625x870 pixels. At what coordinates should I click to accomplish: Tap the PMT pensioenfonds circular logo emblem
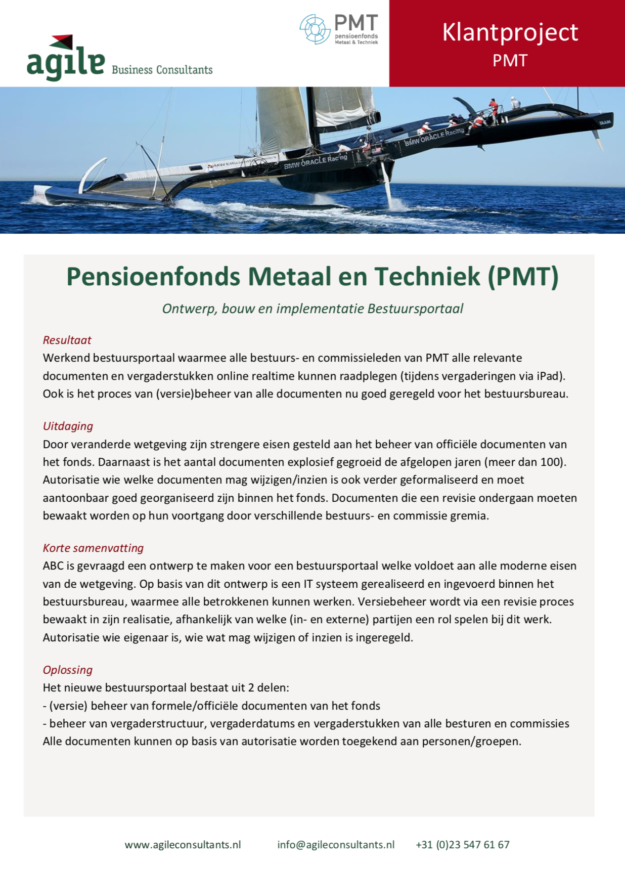tap(315, 29)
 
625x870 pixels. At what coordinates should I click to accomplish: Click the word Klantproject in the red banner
tap(510, 32)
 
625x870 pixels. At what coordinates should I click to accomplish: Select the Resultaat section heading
tap(67, 340)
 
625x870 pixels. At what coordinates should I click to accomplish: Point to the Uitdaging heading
tap(68, 426)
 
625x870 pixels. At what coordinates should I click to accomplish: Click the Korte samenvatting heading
tap(93, 548)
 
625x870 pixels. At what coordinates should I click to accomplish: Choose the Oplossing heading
tap(68, 670)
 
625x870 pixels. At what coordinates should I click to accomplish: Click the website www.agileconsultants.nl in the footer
tap(183, 845)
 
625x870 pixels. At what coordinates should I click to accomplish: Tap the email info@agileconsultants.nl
tap(336, 845)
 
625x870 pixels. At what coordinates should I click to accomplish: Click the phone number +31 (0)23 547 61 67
tap(462, 845)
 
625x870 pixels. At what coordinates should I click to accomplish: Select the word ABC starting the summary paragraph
tap(53, 565)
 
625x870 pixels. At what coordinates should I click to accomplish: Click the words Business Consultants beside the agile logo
tap(162, 70)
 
